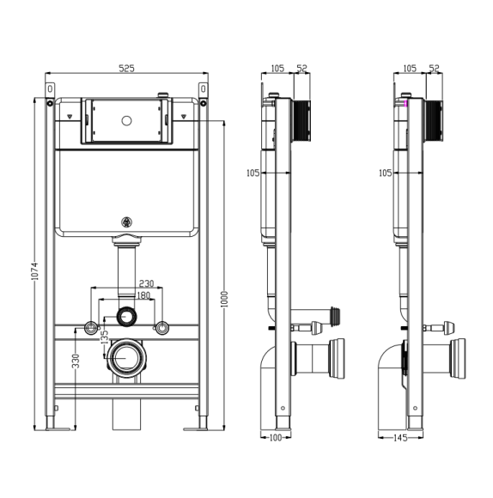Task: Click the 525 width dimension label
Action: (x=127, y=69)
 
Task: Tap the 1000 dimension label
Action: (x=224, y=299)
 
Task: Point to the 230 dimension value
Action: (x=146, y=283)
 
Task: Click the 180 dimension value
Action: (x=143, y=295)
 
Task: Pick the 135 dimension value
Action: (x=105, y=337)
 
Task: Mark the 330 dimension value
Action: (x=76, y=361)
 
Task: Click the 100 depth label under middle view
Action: (x=276, y=438)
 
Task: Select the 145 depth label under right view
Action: (x=400, y=438)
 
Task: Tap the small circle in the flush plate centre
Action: (x=126, y=121)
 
